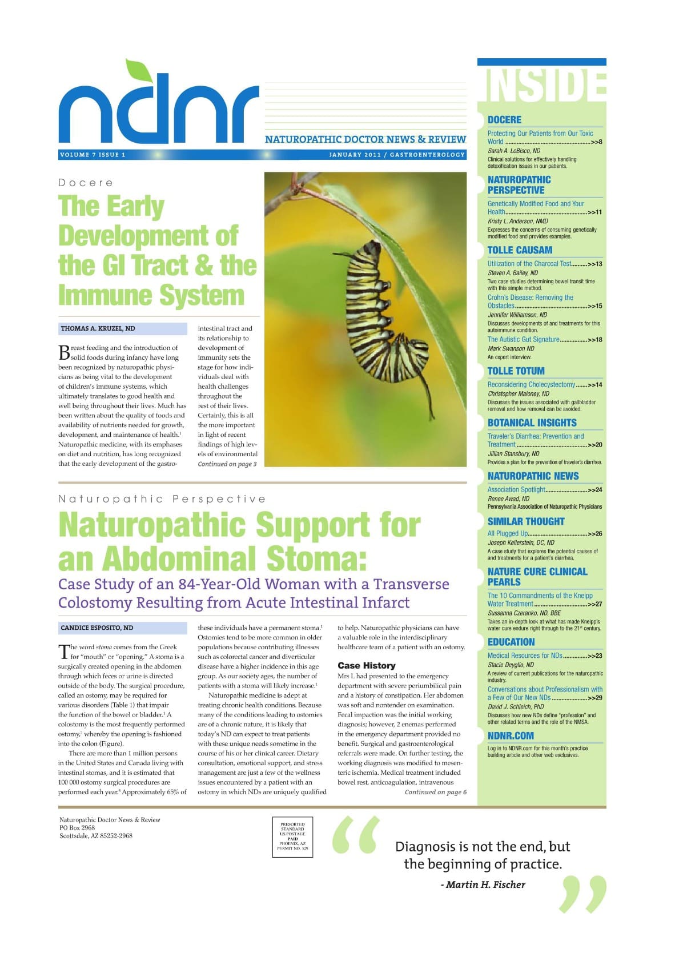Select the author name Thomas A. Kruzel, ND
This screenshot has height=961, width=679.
pyautogui.click(x=98, y=329)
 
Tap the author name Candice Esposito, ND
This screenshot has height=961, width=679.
pyautogui.click(x=97, y=628)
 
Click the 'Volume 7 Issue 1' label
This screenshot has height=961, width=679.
pyautogui.click(x=92, y=155)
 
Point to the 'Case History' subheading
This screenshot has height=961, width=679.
pyautogui.click(x=366, y=666)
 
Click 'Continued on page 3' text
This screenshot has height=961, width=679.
pyautogui.click(x=227, y=464)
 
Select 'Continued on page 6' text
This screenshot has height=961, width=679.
pyautogui.click(x=435, y=792)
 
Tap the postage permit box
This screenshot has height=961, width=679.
pyautogui.click(x=292, y=837)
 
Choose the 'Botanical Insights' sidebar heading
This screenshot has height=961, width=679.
pyautogui.click(x=532, y=423)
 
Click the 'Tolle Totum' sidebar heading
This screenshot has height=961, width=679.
pyautogui.click(x=516, y=371)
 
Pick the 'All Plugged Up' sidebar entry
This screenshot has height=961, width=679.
pyautogui.click(x=508, y=534)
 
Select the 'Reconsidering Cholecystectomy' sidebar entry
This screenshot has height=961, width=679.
pyautogui.click(x=531, y=385)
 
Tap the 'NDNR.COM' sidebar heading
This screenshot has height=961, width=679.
pyautogui.click(x=511, y=736)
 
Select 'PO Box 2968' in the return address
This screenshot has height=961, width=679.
pyautogui.click(x=77, y=828)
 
